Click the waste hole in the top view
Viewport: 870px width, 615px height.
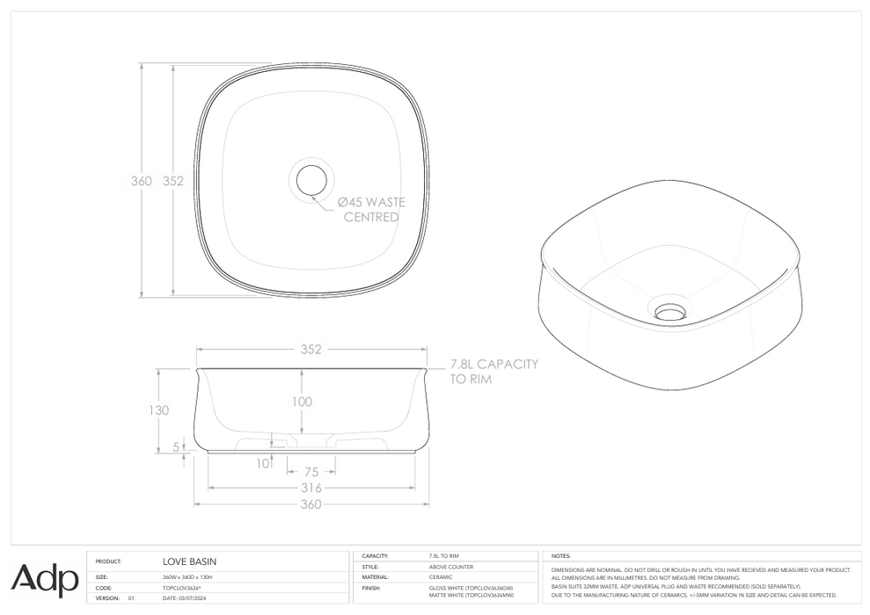311,180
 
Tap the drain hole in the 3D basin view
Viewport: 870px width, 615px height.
670,311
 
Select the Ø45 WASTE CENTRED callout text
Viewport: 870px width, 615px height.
371,209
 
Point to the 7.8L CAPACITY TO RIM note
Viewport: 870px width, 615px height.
493,372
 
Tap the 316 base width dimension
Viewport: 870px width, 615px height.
311,488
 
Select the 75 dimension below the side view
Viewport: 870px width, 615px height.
311,472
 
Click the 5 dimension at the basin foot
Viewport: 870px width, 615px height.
176,447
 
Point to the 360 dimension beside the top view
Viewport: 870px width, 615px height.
141,181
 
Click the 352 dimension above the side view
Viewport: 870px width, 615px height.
311,349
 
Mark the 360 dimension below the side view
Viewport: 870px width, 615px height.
311,503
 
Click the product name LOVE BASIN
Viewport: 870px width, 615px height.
189,561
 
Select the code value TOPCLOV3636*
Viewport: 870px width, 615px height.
183,587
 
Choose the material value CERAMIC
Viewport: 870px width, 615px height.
441,577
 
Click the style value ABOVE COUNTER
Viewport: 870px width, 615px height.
450,567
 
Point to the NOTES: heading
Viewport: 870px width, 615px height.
562,556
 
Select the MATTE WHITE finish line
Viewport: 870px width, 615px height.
471,595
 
